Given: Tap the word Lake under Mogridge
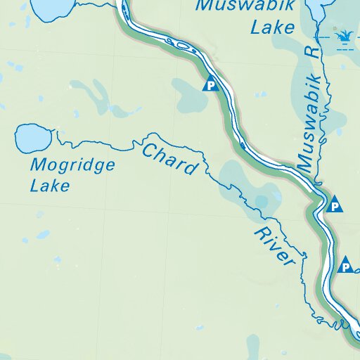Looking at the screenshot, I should [50, 186].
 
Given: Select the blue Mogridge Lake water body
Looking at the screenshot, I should [31, 137].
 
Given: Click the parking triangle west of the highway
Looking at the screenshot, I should [210, 86].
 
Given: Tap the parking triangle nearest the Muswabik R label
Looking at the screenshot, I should [335, 205].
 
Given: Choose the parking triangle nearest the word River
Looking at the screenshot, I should [345, 266].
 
